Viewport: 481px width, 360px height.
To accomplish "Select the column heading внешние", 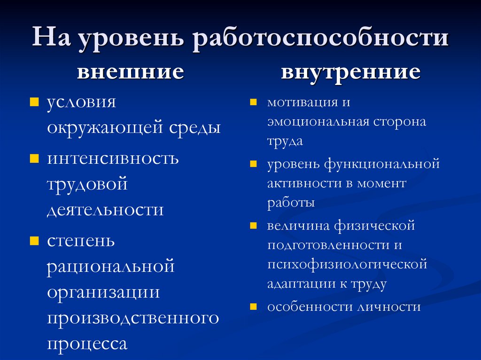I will tap(130, 72).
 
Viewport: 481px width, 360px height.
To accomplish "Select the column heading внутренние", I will tap(350, 72).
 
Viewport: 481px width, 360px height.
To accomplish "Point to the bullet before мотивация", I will tap(253, 102).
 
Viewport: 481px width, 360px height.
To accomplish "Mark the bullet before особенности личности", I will tap(253, 307).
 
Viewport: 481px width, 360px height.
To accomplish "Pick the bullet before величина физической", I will tap(253, 226).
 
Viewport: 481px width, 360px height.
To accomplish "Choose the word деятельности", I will tap(105, 209).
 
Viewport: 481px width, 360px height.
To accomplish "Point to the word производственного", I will tap(133, 318).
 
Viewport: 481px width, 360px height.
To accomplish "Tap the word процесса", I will tap(87, 344).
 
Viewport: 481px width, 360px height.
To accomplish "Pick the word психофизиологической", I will tap(347, 264).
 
